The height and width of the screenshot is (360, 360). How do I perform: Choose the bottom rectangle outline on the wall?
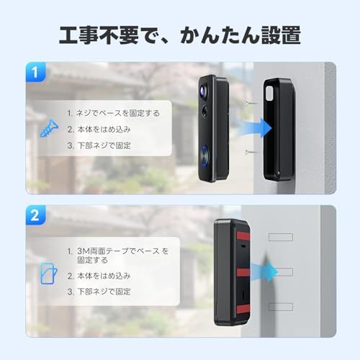(283, 306)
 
